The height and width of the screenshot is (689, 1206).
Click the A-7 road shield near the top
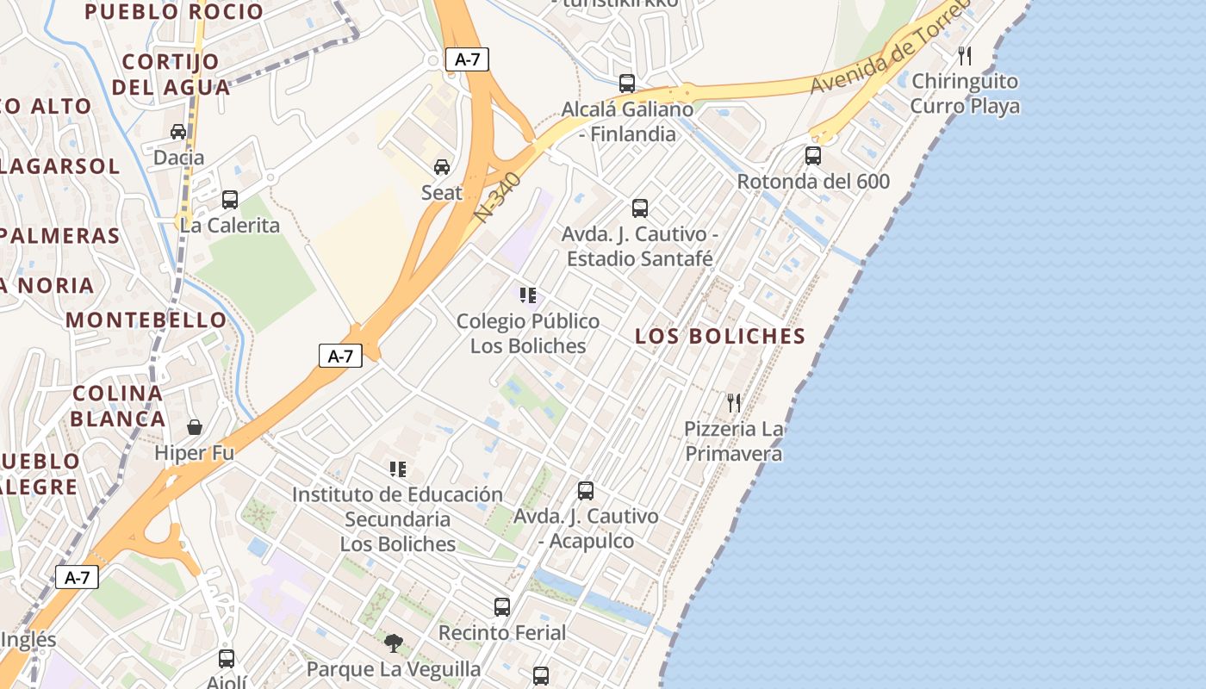(x=468, y=59)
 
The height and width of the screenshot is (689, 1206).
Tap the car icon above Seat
(x=442, y=166)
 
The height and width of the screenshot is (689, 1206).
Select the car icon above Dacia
(x=178, y=132)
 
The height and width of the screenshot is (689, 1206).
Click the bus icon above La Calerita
(x=230, y=200)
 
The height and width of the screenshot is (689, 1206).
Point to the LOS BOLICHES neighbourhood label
(x=720, y=336)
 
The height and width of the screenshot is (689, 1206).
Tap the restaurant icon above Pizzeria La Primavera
(x=734, y=402)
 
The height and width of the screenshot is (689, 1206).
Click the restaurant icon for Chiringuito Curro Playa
(x=965, y=56)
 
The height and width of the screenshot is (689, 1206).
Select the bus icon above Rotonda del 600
(x=813, y=156)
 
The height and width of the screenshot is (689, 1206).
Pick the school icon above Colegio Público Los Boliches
(x=528, y=296)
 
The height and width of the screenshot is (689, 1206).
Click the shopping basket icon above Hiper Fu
(x=195, y=427)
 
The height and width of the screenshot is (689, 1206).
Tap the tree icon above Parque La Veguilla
(x=394, y=642)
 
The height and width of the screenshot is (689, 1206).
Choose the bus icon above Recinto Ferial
(x=502, y=607)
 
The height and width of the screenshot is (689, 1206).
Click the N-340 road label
(x=498, y=197)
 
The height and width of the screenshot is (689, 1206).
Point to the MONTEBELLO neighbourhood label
(x=146, y=320)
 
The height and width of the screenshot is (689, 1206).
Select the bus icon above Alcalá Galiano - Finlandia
(x=627, y=84)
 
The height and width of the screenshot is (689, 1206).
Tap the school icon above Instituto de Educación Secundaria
(x=397, y=469)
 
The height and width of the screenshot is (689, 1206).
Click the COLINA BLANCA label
(x=117, y=407)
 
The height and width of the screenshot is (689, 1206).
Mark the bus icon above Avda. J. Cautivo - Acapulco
(x=586, y=491)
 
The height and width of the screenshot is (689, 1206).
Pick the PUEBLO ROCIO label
(x=174, y=12)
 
